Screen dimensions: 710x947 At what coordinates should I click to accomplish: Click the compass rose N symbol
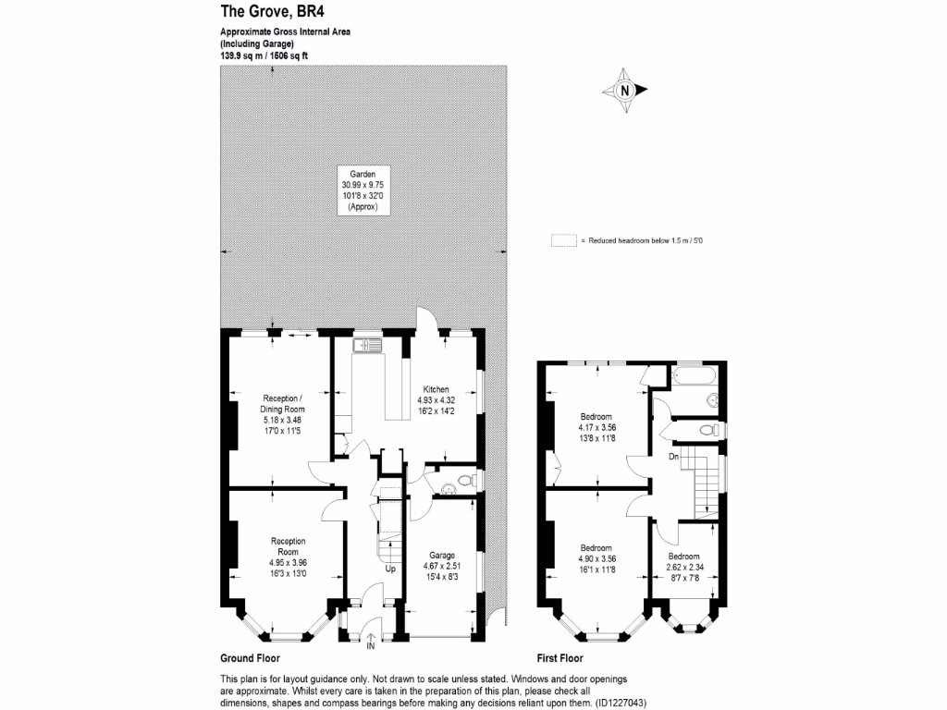[625, 91]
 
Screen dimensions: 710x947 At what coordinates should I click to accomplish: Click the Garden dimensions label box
[363, 190]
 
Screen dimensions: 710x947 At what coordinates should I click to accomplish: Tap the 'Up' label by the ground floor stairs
[390, 569]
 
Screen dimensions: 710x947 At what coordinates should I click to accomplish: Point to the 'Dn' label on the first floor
[673, 456]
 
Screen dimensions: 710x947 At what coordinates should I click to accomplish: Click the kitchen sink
[367, 346]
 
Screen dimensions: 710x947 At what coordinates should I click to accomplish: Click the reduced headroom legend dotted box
[562, 240]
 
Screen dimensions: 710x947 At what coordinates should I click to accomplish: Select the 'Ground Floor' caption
[250, 659]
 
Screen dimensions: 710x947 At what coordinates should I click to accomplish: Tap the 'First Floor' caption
[560, 659]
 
